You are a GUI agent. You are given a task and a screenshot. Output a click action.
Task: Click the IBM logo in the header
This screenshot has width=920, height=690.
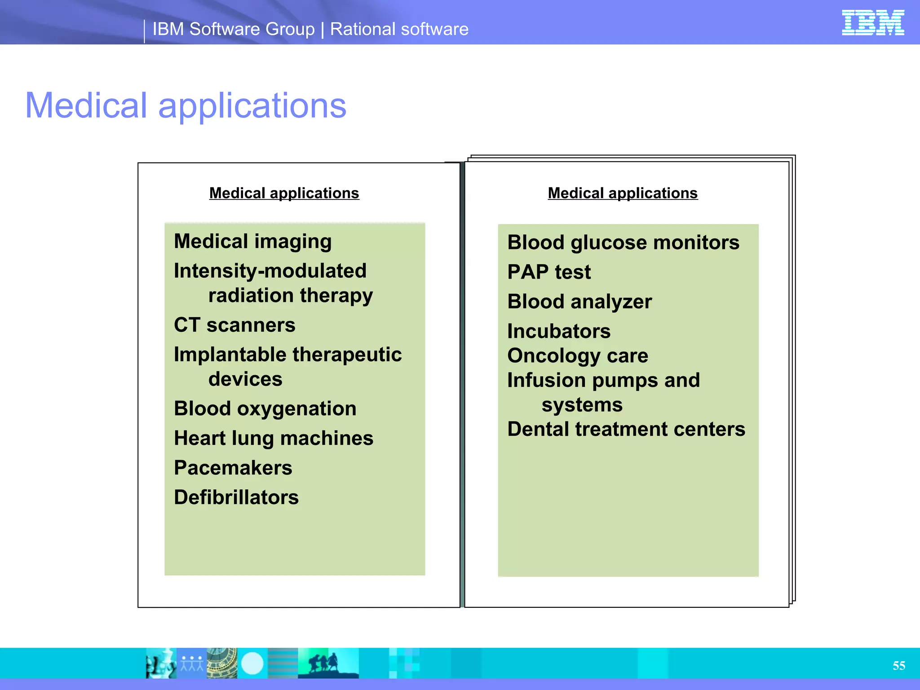pos(872,22)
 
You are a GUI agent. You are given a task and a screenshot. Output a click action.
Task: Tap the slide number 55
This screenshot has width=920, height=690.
pos(898,665)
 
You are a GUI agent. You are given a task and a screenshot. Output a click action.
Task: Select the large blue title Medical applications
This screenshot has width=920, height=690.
pos(186,106)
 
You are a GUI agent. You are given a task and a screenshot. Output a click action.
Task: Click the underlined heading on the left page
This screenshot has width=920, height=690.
pos(284,193)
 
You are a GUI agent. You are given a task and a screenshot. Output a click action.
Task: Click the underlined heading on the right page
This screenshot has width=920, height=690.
pos(623,193)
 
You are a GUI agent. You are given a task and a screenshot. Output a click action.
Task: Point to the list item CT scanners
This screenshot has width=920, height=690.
pos(234,325)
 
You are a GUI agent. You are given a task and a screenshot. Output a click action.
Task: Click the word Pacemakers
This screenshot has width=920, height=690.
pos(233,468)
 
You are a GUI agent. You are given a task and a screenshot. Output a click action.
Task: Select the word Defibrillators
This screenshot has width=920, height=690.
pos(236,497)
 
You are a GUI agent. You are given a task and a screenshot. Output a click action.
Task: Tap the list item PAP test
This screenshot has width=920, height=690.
pos(549,272)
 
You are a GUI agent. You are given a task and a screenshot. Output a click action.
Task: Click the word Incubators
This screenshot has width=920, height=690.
pos(559,332)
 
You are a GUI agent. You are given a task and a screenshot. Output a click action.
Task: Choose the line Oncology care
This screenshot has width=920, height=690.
pos(578,356)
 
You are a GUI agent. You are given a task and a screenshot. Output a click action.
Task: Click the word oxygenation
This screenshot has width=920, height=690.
pos(296,409)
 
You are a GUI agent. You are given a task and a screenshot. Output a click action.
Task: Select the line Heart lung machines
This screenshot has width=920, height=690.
pos(274,438)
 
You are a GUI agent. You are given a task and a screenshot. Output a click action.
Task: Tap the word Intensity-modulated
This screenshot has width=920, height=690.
pos(270,271)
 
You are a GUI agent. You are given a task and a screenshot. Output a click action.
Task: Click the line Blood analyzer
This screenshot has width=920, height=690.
pos(579,302)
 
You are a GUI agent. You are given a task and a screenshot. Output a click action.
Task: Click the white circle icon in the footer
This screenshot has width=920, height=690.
pos(252,663)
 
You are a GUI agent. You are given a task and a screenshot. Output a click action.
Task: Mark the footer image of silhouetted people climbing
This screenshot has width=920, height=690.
pos(328,663)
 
